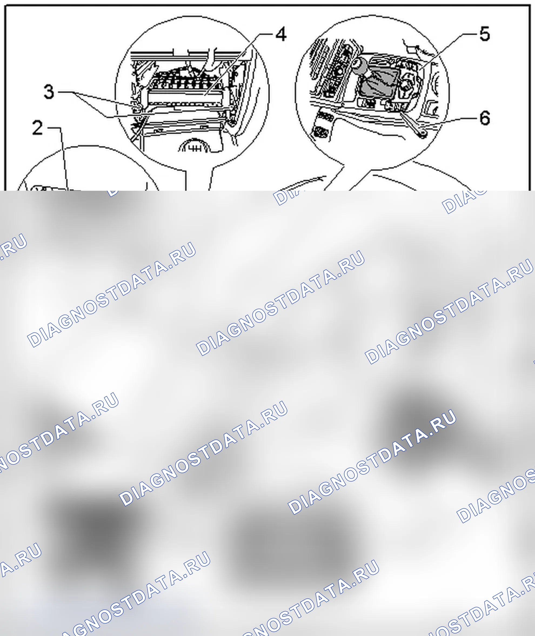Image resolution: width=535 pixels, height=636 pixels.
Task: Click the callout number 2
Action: click(x=38, y=128)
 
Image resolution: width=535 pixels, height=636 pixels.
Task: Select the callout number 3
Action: click(x=49, y=92)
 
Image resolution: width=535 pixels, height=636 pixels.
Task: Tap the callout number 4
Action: click(x=281, y=34)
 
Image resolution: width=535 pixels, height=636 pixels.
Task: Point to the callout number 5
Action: click(x=485, y=34)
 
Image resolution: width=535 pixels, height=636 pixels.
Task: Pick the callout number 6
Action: click(x=485, y=118)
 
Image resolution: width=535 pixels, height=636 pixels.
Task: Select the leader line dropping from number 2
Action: click(x=64, y=158)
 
